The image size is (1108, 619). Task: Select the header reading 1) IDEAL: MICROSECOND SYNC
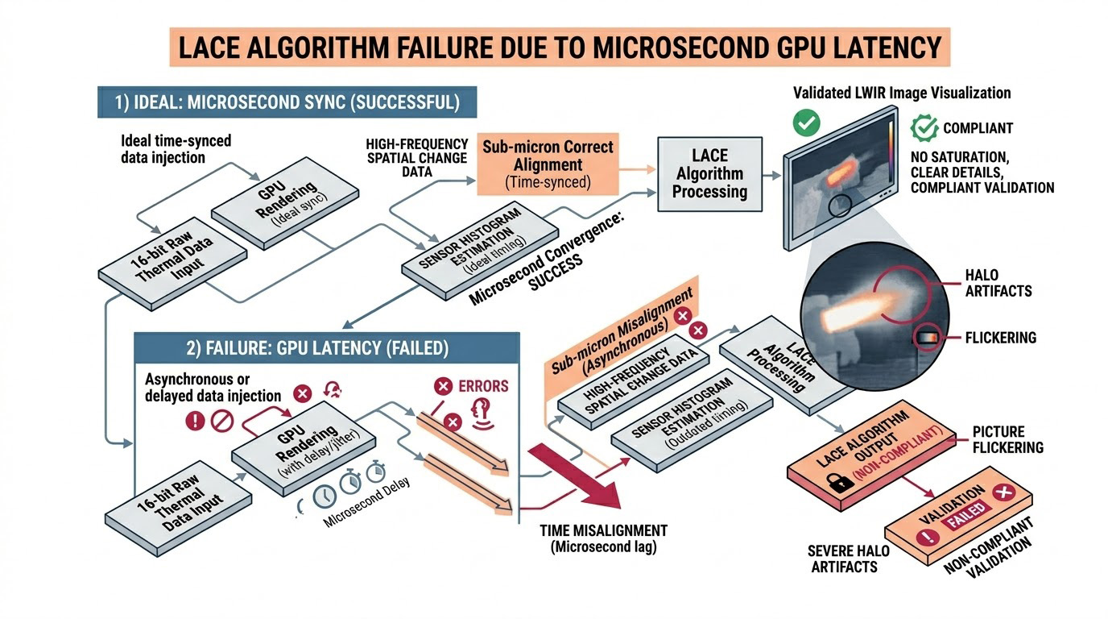coord(287,103)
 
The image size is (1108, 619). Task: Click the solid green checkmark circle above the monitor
coord(804,123)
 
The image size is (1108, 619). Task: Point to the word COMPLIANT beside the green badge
coord(978,127)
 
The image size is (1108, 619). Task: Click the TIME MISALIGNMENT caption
coord(604,538)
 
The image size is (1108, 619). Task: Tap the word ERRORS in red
coord(482,386)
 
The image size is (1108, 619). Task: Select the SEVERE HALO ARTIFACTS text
coord(849,558)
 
